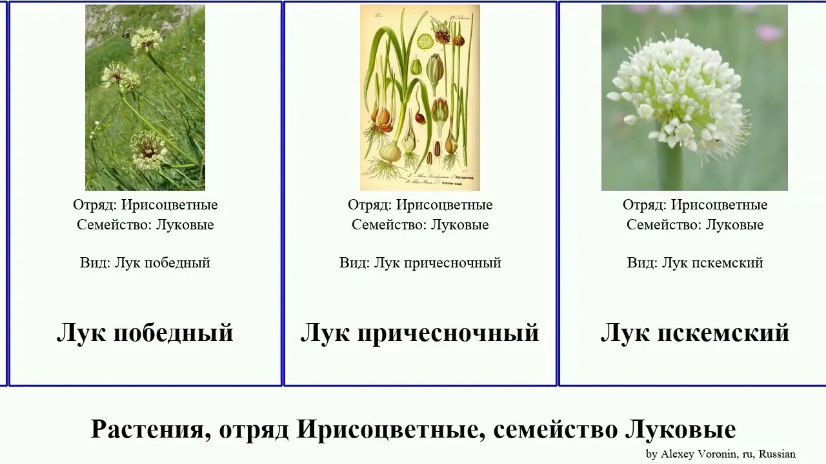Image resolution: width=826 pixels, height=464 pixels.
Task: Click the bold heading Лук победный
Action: point(145,333)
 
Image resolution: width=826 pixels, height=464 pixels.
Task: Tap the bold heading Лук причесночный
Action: point(419,333)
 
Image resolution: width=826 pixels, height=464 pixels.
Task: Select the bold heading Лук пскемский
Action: point(695,333)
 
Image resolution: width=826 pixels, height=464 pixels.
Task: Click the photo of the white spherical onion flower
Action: point(694,97)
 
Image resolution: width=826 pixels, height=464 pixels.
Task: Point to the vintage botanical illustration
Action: point(420,97)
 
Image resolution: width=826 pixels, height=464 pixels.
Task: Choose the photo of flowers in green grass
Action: point(145,97)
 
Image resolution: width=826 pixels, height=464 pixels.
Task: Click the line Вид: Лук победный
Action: point(145,263)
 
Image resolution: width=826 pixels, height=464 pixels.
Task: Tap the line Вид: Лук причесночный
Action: point(420,263)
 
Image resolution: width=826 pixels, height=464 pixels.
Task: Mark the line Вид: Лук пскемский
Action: point(695,263)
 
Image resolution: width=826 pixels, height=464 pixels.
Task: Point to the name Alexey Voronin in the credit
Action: point(699,454)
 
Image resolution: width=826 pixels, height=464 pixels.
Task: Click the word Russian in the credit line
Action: point(777,454)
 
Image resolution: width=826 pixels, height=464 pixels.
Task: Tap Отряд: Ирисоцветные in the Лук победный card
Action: point(145,205)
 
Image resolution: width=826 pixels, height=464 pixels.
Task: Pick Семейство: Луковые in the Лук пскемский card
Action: point(695,225)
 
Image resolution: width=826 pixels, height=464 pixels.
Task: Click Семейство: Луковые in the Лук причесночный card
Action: point(420,225)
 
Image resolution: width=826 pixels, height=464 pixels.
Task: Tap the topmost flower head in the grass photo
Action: point(146,40)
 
